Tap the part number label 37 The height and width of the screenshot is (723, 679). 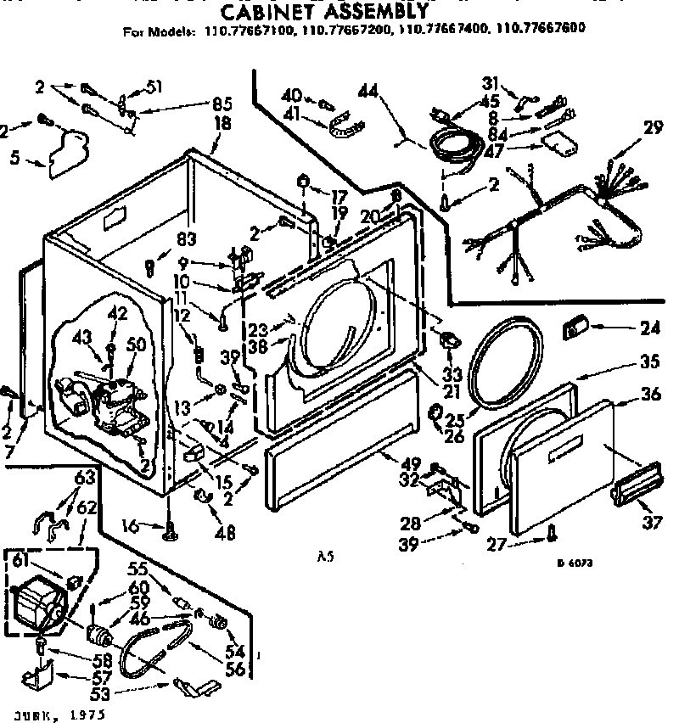tap(652, 523)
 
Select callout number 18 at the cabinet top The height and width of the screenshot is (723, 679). tap(222, 122)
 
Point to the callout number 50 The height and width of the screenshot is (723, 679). tap(135, 344)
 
